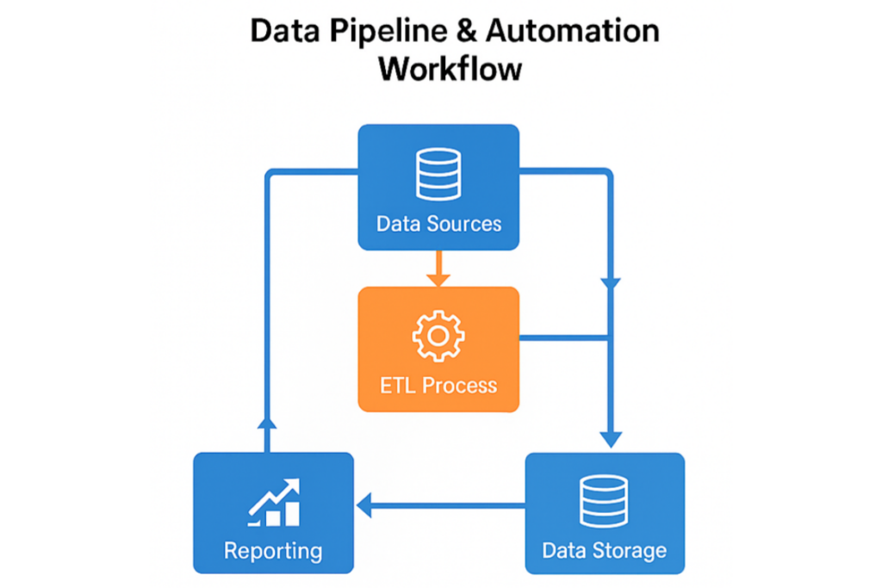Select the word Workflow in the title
point(450,68)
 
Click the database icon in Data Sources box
point(438,173)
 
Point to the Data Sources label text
point(438,224)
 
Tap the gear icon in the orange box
point(438,336)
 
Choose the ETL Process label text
point(438,384)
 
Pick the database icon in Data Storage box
point(605,500)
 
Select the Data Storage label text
point(605,550)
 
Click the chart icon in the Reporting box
point(274,503)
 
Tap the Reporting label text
point(273,550)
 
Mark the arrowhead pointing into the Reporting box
point(363,506)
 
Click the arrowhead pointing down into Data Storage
point(611,437)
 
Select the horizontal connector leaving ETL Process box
point(564,337)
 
